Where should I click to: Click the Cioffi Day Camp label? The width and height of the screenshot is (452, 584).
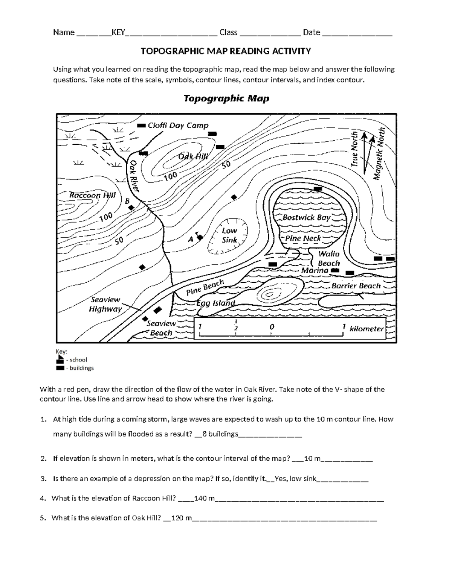pos(178,126)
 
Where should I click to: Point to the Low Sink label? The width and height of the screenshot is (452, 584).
pos(229,235)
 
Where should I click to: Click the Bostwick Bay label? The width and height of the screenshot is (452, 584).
pos(306,217)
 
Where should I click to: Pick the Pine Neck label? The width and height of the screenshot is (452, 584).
pos(303,238)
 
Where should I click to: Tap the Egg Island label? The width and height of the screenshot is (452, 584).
pos(216,303)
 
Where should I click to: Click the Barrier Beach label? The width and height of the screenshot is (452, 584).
pos(356,286)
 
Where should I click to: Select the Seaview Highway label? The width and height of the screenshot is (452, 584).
pos(105,304)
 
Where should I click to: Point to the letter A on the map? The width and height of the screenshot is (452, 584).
pos(191,239)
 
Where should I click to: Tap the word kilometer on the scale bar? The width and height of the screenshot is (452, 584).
pos(366,329)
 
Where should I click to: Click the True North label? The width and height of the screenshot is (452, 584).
pos(354,149)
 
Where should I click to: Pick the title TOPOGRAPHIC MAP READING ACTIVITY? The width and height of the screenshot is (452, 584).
pos(226,51)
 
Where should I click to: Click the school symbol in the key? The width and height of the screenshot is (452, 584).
pos(60,360)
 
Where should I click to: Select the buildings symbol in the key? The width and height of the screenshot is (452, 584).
pos(60,368)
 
